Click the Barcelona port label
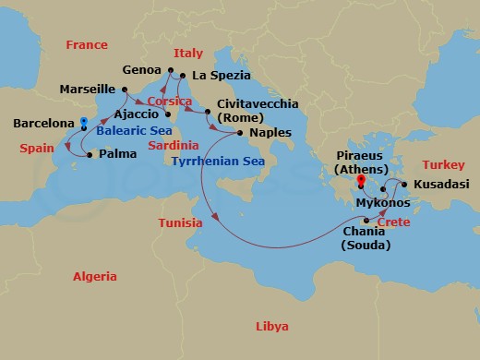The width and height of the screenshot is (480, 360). [43, 123]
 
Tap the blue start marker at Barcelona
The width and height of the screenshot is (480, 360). [83, 122]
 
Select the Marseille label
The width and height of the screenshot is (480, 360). [87, 90]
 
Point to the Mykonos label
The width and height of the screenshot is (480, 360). [382, 202]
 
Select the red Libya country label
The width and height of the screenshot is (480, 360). [271, 327]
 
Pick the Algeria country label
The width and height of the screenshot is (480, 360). [95, 277]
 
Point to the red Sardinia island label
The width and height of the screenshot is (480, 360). [174, 146]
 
